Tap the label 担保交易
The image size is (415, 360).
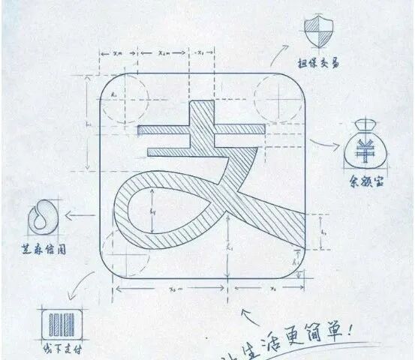315,64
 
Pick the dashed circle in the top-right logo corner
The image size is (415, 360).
275,100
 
